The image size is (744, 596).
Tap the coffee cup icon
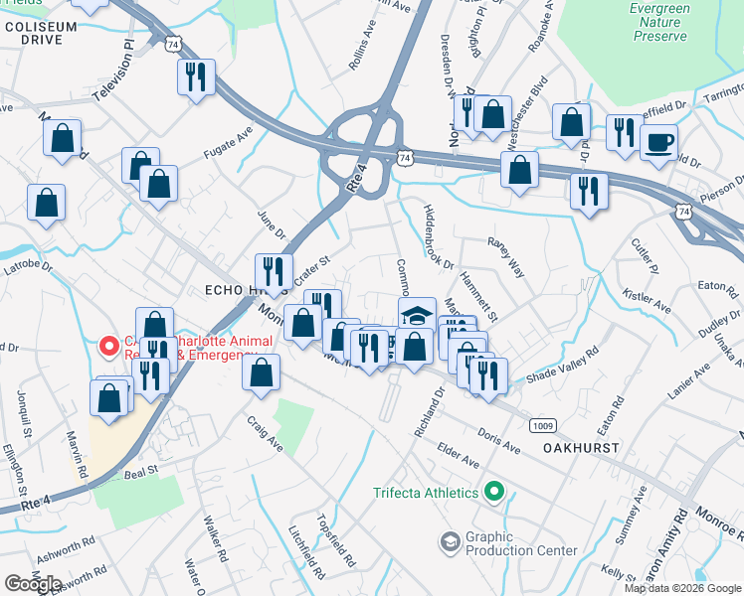pos(657,143)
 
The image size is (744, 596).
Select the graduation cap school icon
pos(418,315)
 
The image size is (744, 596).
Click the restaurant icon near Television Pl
pos(195,76)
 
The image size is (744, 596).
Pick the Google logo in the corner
pos(33,583)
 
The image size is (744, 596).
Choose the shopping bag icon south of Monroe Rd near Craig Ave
pos(261,373)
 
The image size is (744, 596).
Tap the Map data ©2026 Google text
pos(682,588)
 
